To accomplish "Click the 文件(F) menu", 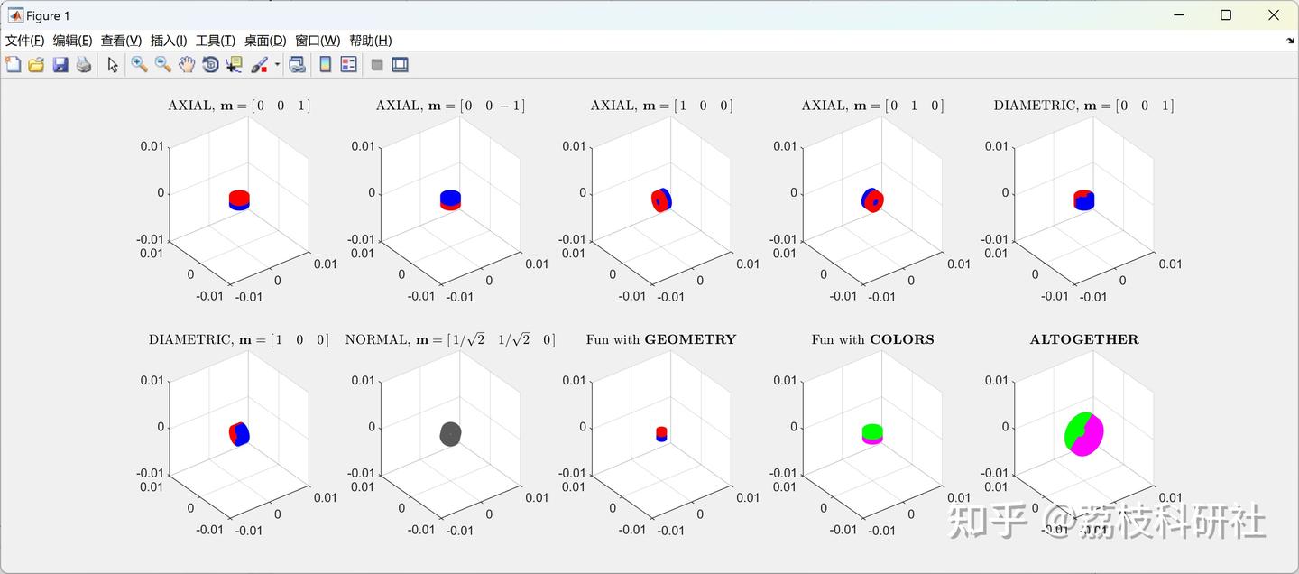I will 24,41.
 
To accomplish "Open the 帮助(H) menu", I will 370,41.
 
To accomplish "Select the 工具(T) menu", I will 215,41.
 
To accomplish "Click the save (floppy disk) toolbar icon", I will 60,64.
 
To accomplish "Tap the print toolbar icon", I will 84,64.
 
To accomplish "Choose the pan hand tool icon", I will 187,64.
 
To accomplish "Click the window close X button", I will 1274,15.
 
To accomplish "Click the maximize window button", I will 1225,15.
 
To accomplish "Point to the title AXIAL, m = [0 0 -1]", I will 450,106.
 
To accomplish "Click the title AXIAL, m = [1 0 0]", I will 661,106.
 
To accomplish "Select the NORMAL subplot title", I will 450,340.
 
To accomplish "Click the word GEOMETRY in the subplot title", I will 690,340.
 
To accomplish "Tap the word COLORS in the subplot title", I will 901,340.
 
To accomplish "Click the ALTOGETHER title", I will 1084,340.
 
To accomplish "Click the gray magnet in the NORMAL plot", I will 450,434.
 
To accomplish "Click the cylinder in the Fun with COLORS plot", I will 872,433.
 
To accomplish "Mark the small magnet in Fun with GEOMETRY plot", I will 661,433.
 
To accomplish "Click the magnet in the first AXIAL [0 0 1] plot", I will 239,199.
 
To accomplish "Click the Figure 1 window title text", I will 48,15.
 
